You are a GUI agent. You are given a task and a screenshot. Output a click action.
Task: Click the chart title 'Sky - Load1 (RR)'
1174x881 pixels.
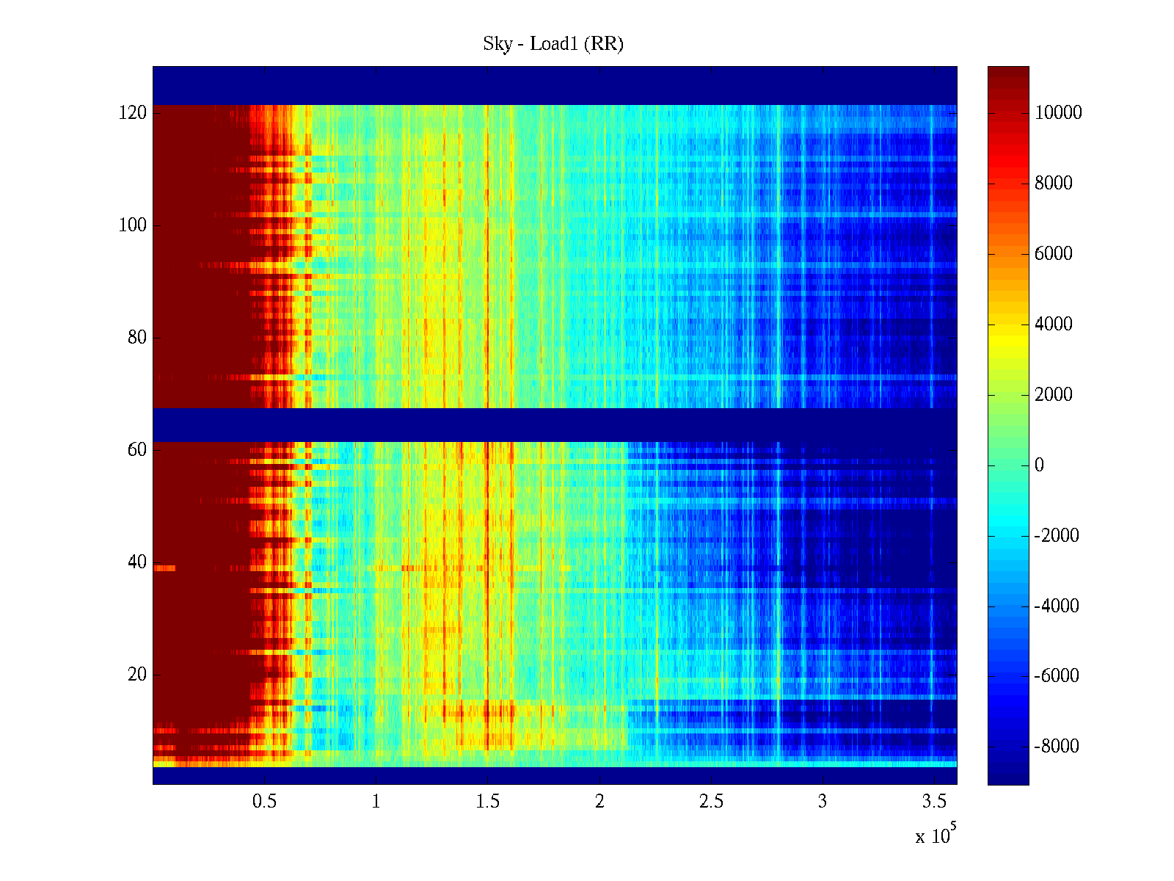pyautogui.click(x=553, y=44)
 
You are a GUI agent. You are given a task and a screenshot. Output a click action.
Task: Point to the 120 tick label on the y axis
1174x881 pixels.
pyautogui.click(x=133, y=113)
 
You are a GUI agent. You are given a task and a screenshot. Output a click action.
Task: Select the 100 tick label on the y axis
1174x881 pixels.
pyautogui.click(x=133, y=225)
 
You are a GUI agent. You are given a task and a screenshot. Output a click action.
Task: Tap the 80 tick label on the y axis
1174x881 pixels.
pyautogui.click(x=137, y=338)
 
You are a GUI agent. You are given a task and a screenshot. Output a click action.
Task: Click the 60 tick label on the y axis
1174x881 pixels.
pyautogui.click(x=137, y=450)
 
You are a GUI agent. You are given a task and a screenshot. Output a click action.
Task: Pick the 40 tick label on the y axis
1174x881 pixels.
pyautogui.click(x=137, y=562)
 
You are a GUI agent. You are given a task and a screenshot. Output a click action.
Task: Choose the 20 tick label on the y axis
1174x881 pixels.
pyautogui.click(x=137, y=675)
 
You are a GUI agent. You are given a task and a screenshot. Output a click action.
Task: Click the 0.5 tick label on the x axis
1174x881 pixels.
pyautogui.click(x=264, y=802)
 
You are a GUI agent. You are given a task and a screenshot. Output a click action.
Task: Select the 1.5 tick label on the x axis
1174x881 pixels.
pyautogui.click(x=487, y=802)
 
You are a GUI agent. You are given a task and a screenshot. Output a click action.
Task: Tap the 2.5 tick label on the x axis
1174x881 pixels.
pyautogui.click(x=711, y=802)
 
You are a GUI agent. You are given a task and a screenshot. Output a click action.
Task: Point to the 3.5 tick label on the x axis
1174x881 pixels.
pyautogui.click(x=934, y=802)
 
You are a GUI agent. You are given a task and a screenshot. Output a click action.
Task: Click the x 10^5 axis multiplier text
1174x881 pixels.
pyautogui.click(x=936, y=835)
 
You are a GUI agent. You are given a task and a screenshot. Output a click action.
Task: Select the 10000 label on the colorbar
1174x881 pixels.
pyautogui.click(x=1058, y=113)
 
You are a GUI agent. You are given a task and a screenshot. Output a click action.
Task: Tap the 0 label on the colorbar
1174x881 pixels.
pyautogui.click(x=1039, y=465)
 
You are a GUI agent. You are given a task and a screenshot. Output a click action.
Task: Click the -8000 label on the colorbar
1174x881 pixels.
pyautogui.click(x=1057, y=747)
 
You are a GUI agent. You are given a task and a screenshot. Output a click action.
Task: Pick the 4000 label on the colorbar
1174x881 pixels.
pyautogui.click(x=1054, y=325)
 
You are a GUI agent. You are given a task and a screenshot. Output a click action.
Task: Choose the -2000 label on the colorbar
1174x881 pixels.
pyautogui.click(x=1057, y=536)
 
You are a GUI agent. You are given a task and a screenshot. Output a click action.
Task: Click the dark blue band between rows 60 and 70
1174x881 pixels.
pyautogui.click(x=555, y=424)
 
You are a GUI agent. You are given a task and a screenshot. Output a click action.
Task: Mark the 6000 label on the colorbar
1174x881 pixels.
pyautogui.click(x=1054, y=254)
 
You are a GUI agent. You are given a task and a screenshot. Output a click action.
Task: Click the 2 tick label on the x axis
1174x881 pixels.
pyautogui.click(x=599, y=802)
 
